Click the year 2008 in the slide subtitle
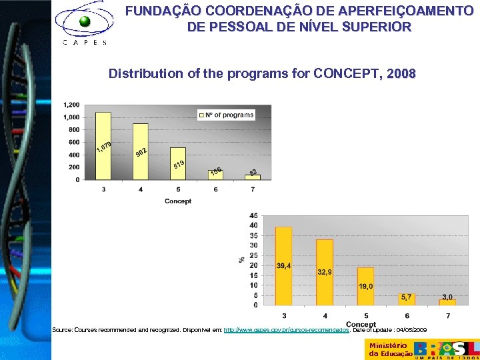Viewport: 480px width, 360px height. [x=401, y=73]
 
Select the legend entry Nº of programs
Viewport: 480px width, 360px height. [x=227, y=115]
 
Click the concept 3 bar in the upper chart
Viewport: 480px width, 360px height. [x=103, y=145]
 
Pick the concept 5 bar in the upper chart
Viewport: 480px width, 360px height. [x=178, y=163]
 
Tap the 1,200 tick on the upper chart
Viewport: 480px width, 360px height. [x=71, y=105]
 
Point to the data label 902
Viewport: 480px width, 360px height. [x=141, y=153]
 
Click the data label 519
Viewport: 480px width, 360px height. [x=179, y=164]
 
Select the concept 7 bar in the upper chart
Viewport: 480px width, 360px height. [x=253, y=177]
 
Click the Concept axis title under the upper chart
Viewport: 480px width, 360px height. [x=178, y=201]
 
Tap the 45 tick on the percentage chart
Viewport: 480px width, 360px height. [x=253, y=215]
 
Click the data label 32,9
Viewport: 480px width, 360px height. [x=325, y=272]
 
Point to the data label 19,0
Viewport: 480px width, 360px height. [x=365, y=286]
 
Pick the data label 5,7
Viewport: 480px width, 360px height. [x=407, y=297]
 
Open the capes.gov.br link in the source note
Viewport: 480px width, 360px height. [x=287, y=330]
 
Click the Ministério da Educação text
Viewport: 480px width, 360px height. [x=388, y=349]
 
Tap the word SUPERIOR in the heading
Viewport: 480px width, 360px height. [x=373, y=27]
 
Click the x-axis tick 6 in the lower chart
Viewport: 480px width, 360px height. [x=407, y=315]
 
